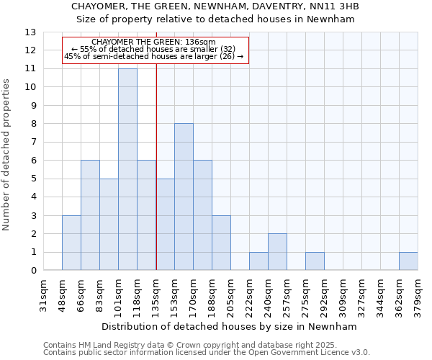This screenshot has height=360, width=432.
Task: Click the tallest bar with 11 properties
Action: [x=127, y=169]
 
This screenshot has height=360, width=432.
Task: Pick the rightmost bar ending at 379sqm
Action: [x=408, y=261]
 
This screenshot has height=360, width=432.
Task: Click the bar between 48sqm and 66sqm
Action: [x=71, y=243]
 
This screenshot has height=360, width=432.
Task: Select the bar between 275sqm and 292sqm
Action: [x=315, y=261]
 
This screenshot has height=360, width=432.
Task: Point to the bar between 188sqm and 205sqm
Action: [x=221, y=243]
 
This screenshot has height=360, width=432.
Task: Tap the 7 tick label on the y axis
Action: [x=33, y=143]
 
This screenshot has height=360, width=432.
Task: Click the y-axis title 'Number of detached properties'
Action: [x=7, y=156]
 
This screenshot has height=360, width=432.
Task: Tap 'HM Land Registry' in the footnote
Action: [x=108, y=345]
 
